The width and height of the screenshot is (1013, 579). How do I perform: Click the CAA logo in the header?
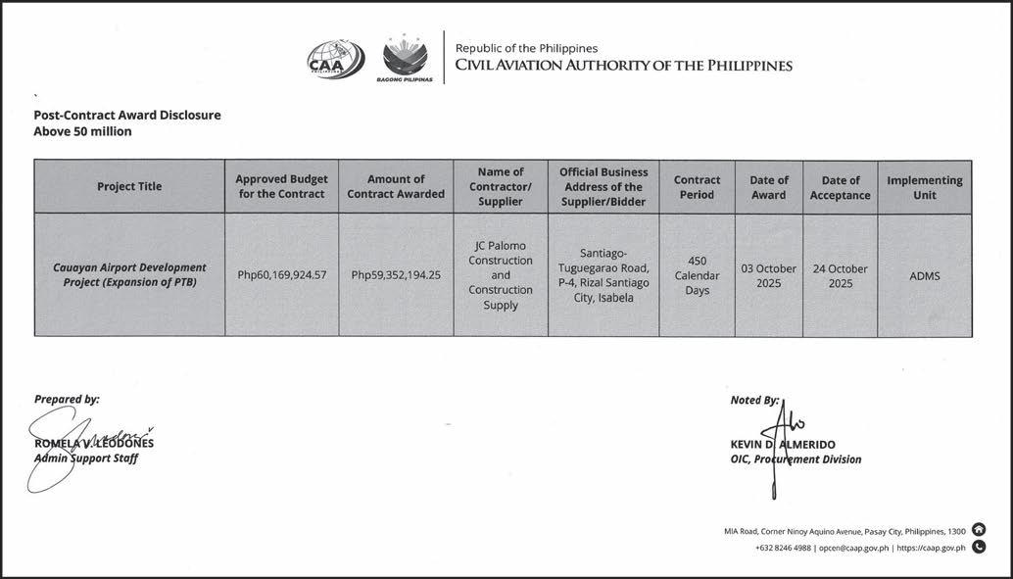pos(335,59)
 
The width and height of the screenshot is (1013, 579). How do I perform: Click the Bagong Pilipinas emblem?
pos(405,59)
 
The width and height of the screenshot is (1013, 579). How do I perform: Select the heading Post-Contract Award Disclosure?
pos(127,115)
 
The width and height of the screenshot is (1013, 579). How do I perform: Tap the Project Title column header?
pos(129,187)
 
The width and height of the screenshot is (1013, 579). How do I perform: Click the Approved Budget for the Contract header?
pos(281,187)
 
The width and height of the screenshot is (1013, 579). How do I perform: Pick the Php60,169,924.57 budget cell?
pos(281,275)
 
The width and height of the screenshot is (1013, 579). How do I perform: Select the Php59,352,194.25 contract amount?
pos(396,275)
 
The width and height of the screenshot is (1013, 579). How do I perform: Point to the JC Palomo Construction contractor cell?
pos(501,275)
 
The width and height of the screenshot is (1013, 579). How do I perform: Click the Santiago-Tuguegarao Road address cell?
pos(603,275)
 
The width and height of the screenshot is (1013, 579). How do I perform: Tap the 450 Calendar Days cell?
pos(697,275)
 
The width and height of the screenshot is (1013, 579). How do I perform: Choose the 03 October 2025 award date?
pos(768,275)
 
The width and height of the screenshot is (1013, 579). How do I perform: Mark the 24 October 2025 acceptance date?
pos(840,275)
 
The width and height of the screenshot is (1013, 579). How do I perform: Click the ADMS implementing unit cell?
pos(924,276)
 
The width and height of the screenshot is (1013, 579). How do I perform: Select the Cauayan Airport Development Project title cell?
pos(129,275)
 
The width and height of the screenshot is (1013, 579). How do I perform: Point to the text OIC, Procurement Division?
pos(796,459)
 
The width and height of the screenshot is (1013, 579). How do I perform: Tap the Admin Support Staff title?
pos(86,458)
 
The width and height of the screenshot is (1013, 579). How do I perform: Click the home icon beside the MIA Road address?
pos(979,530)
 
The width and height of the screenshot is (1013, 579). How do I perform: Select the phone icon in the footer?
pos(979,548)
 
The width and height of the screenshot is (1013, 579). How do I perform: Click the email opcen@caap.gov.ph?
pos(853,548)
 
